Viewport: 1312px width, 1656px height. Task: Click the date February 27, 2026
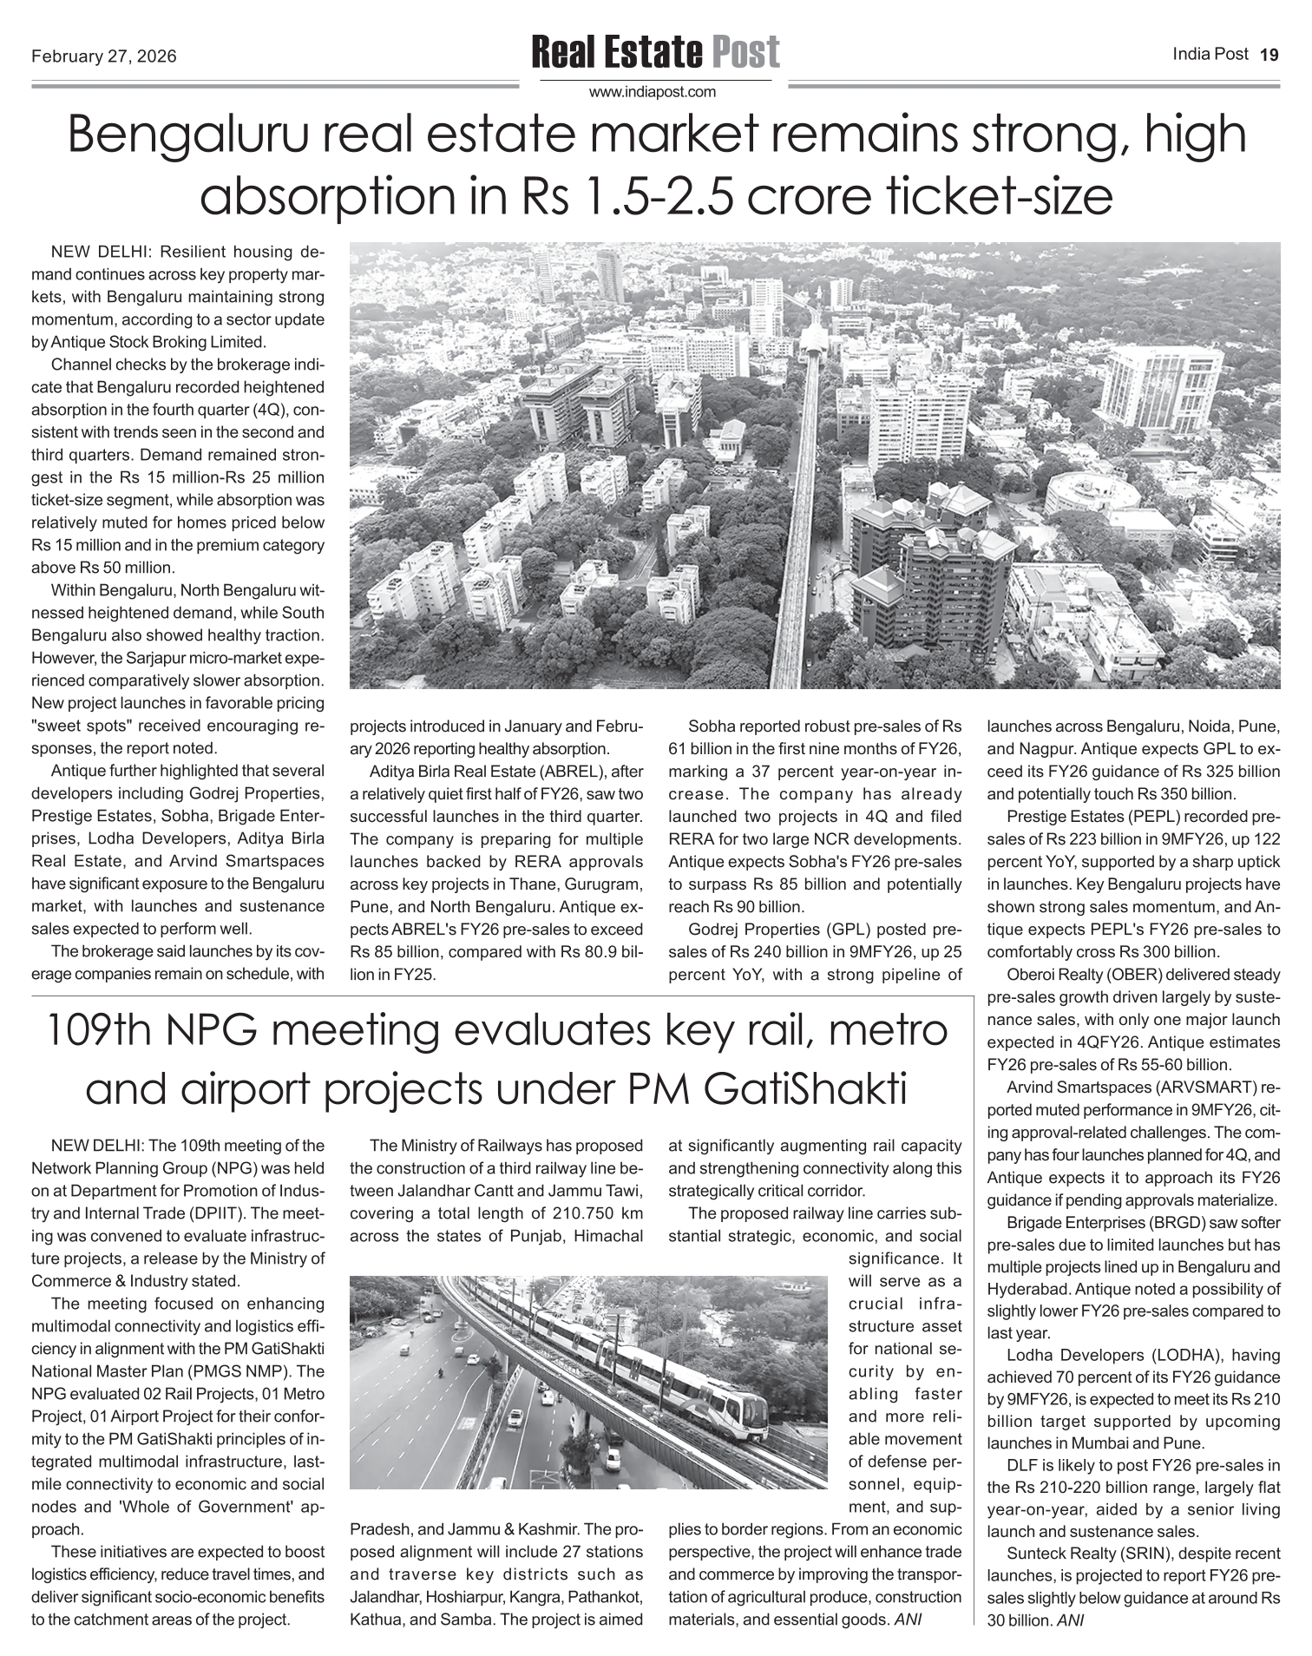pos(104,57)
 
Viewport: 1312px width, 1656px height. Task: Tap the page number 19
pos(1269,56)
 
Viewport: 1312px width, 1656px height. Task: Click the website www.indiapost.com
pos(653,91)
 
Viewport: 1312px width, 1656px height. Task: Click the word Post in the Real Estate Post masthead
pos(745,53)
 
